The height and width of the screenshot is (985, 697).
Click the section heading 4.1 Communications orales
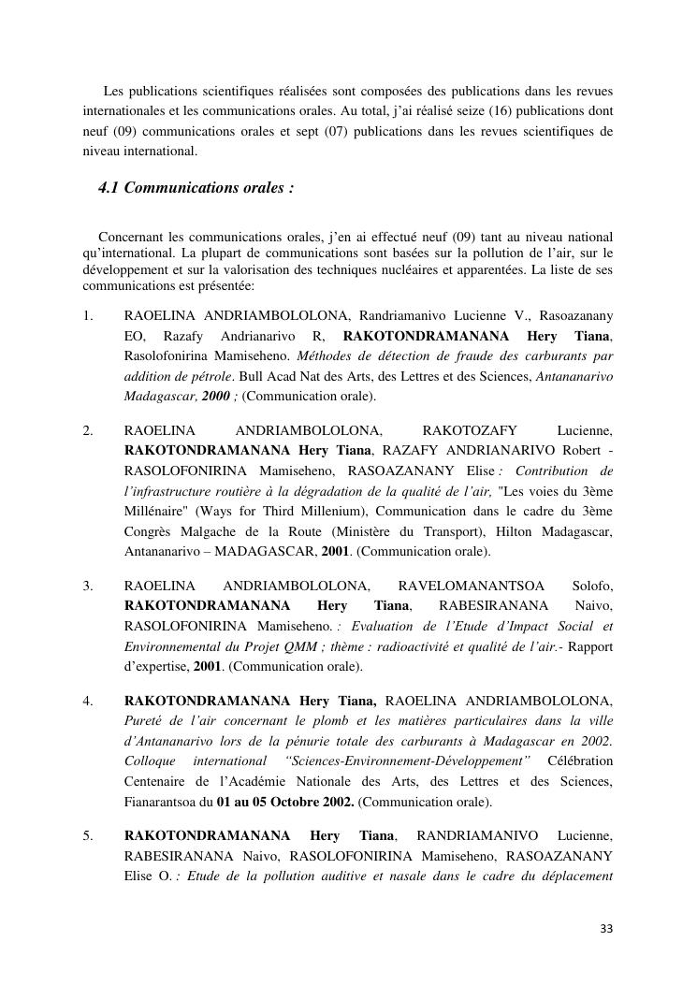tap(196, 188)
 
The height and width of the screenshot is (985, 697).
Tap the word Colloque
tap(150, 760)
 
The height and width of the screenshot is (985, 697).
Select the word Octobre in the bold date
tap(290, 802)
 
